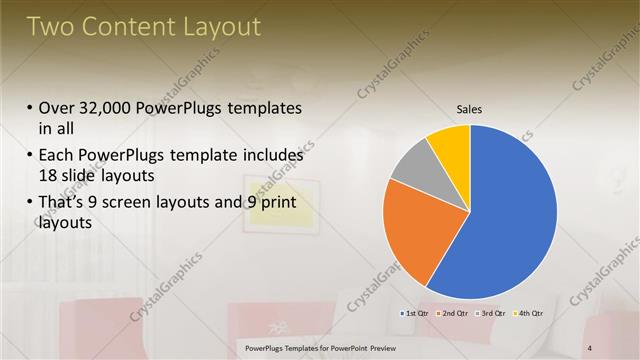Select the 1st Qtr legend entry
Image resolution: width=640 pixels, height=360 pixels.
coord(415,314)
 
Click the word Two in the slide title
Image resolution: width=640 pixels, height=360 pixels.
coord(50,27)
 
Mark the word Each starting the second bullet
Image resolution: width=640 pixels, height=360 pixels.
coord(55,156)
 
